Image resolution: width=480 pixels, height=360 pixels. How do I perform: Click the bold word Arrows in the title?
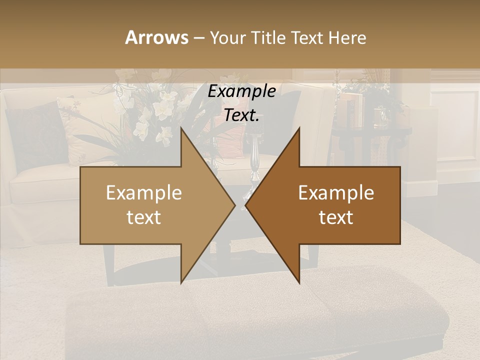[x=156, y=37]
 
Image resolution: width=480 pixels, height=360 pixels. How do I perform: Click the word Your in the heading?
[x=226, y=38]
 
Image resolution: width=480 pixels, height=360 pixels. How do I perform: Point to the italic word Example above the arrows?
[x=241, y=91]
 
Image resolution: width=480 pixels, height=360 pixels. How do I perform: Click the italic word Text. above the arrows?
[x=241, y=115]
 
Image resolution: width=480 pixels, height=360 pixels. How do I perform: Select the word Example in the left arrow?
[x=144, y=193]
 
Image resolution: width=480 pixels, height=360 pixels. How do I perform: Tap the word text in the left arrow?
[x=144, y=217]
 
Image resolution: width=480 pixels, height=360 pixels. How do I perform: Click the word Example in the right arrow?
[x=336, y=193]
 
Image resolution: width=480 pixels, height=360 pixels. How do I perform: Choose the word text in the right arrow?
[x=336, y=217]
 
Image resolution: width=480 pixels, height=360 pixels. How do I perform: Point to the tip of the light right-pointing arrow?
[x=234, y=205]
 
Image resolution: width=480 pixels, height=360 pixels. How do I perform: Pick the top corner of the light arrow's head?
[x=181, y=128]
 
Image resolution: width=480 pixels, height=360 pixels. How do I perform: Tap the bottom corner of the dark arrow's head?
[x=299, y=283]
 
